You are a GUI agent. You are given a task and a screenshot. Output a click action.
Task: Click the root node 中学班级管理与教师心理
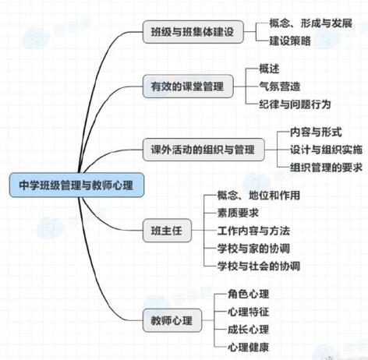click(x=76, y=185)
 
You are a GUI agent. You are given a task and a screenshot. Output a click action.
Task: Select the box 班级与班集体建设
click(x=193, y=32)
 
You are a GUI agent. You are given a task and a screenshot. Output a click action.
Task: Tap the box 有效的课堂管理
click(x=188, y=86)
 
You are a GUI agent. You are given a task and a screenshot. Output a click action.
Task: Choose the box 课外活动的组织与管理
click(x=203, y=150)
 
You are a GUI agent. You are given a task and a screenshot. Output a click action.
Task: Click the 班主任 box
click(x=167, y=231)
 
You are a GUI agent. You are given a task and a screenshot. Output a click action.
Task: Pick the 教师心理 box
click(x=172, y=320)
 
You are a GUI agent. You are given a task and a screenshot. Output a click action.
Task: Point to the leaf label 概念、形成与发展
click(x=310, y=23)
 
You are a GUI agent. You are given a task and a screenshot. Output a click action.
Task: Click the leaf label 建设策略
click(x=290, y=41)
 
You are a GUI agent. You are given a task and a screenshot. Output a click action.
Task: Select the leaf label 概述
click(x=269, y=69)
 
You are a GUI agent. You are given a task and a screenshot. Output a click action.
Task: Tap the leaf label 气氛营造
click(x=280, y=86)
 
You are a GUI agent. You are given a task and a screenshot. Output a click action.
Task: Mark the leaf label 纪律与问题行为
click(x=295, y=104)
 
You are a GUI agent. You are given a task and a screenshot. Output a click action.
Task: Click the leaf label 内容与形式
click(x=316, y=132)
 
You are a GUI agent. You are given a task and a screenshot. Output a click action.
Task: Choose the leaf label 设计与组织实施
click(x=326, y=150)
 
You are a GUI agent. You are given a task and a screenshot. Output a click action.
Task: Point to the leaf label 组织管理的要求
click(x=326, y=168)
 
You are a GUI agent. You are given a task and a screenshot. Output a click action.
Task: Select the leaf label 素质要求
click(x=238, y=213)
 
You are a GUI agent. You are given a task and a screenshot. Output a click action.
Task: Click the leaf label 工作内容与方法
click(x=253, y=231)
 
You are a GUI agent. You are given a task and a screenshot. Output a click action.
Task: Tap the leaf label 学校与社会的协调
click(x=259, y=266)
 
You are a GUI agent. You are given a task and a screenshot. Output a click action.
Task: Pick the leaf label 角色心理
click(x=249, y=294)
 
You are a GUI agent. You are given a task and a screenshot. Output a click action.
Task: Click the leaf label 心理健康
click(x=249, y=347)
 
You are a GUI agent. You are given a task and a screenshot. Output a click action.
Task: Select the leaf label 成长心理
click(x=249, y=330)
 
